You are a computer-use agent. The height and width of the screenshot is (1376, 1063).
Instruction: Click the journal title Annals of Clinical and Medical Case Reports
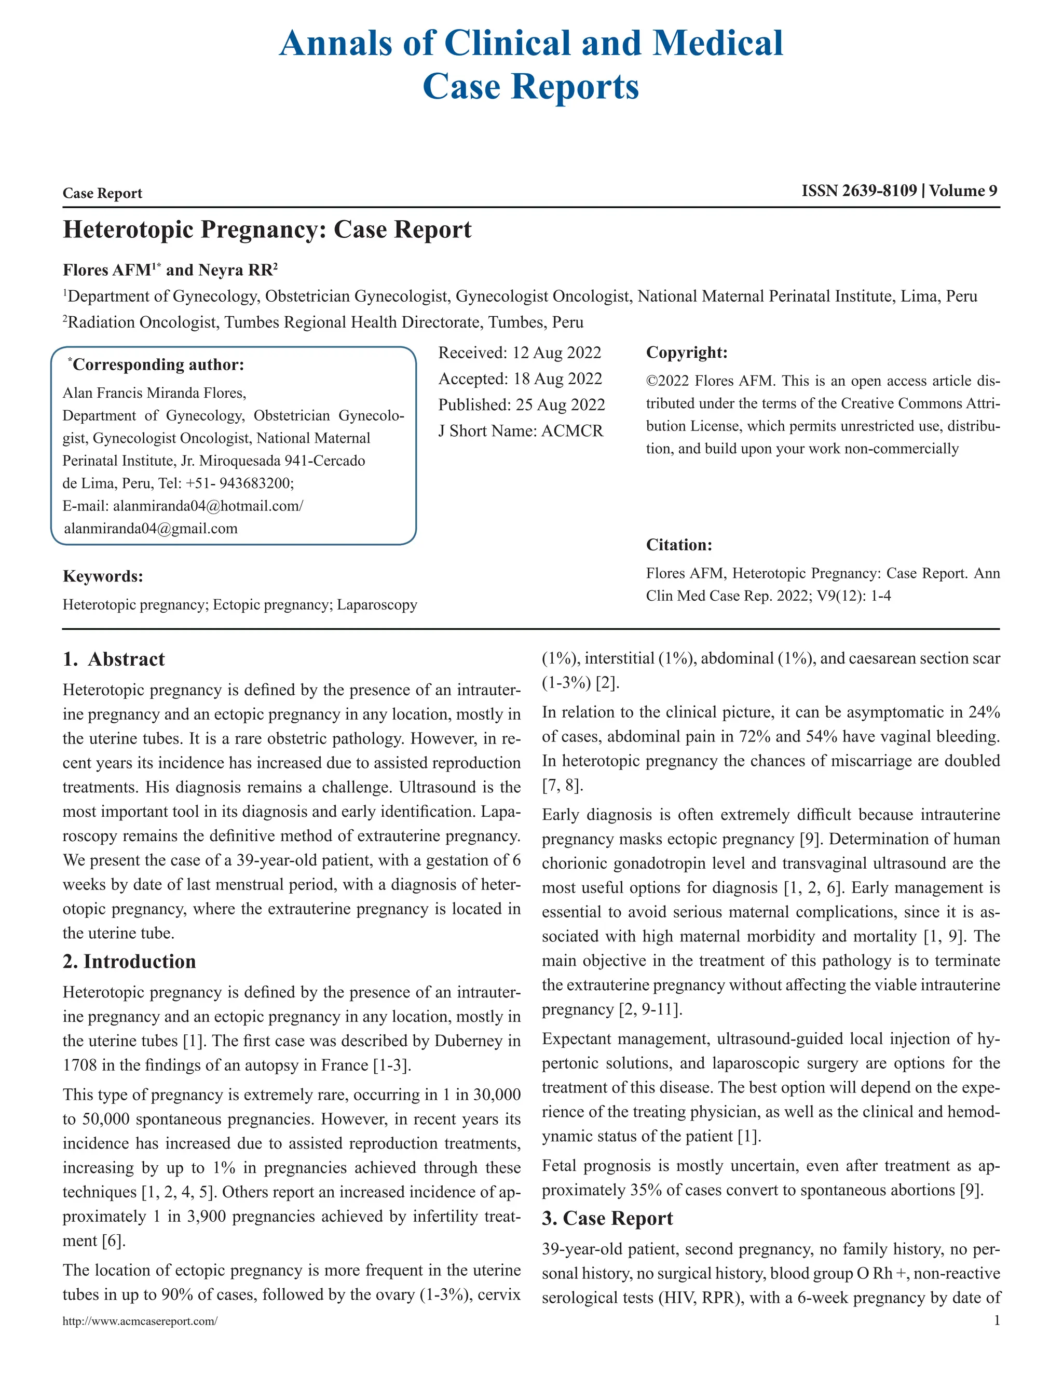tap(531, 64)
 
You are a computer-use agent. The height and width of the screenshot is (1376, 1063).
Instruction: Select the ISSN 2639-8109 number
tap(859, 191)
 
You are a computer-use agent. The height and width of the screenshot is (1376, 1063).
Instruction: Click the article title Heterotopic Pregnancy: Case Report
tap(267, 230)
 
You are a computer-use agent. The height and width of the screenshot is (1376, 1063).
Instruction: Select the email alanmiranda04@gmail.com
tap(151, 529)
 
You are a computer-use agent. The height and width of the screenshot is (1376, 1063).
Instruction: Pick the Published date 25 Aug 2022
tap(560, 405)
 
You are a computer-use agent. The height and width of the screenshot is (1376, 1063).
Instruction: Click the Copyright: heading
tap(686, 353)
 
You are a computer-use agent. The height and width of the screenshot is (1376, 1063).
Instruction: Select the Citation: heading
tap(679, 545)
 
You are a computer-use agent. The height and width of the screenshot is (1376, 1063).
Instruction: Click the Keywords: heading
tap(103, 576)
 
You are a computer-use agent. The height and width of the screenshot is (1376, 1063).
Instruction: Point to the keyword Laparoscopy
tap(377, 605)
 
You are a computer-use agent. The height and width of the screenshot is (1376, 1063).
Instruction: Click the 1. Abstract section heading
tap(114, 659)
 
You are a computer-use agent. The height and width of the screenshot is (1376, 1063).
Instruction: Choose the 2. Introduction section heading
tap(129, 962)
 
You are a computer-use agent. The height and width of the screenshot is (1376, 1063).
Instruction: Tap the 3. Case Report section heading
tap(607, 1219)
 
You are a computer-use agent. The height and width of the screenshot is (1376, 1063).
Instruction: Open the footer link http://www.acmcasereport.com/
tap(140, 1321)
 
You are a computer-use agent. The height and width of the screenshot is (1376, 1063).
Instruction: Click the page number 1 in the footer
tap(996, 1320)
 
